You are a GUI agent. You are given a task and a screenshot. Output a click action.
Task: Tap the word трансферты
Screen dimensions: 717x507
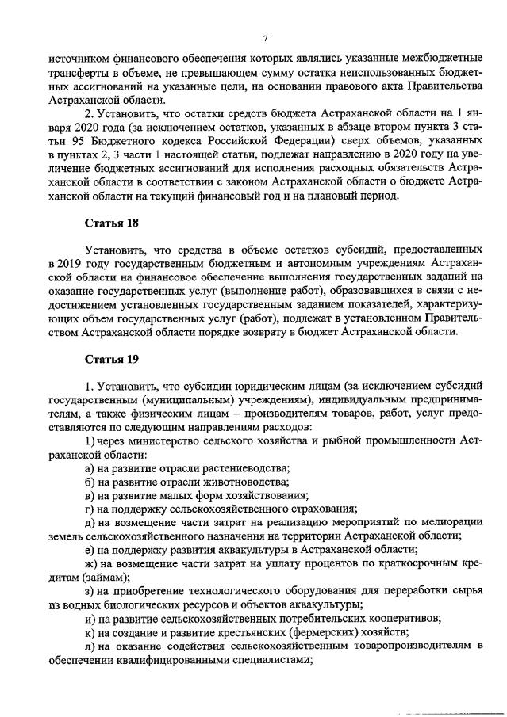[x=78, y=72]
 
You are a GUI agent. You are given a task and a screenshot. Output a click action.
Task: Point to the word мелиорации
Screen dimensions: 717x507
[x=451, y=523]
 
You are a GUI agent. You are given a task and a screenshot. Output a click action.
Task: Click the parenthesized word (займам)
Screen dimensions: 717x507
[x=90, y=578]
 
